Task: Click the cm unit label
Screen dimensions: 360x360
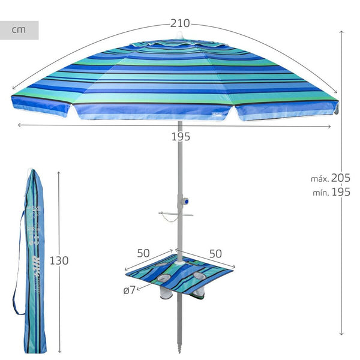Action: coord(19,30)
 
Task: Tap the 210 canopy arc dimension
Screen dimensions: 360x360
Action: coord(179,23)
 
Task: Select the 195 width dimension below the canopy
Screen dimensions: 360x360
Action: coord(180,136)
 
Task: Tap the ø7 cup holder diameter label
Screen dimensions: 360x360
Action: coord(128,290)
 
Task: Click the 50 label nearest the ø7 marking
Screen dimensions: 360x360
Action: coord(143,253)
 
